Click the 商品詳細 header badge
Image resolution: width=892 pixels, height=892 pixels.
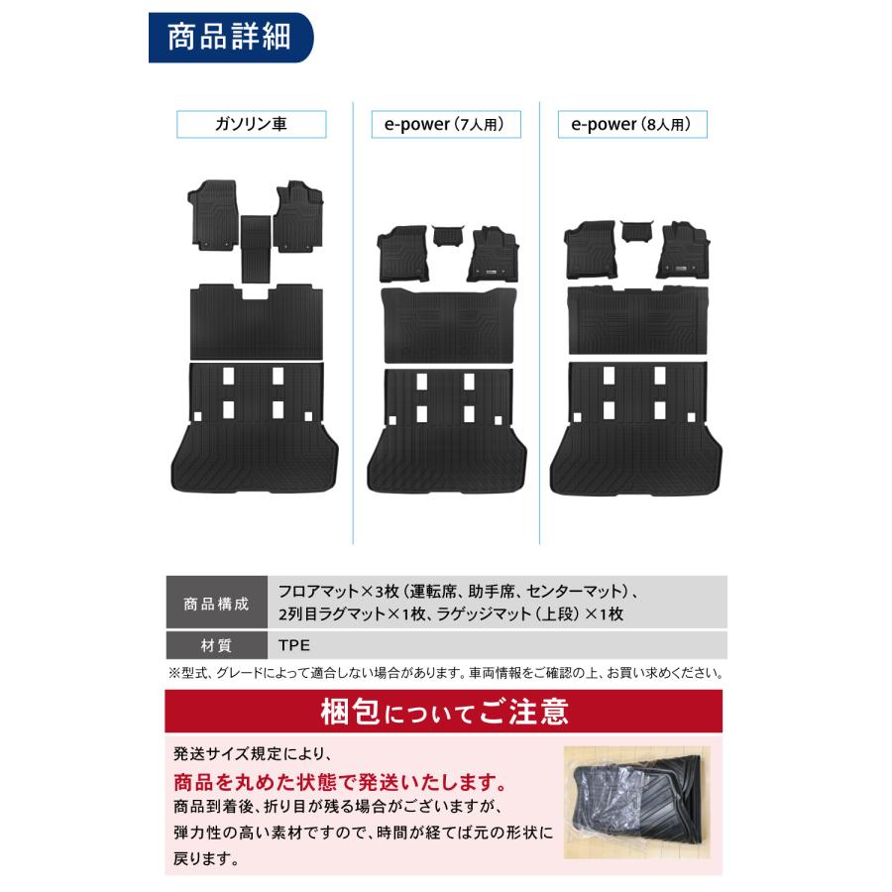point(230,39)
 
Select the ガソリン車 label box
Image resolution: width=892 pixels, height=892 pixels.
point(252,125)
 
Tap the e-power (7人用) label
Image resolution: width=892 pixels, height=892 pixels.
point(446,125)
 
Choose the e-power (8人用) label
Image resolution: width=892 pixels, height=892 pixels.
point(638,125)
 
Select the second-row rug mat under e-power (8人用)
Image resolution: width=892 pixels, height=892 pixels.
point(638,321)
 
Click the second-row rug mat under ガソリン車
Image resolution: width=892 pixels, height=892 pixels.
point(255,320)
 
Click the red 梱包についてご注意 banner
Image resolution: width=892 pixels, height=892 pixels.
point(445,712)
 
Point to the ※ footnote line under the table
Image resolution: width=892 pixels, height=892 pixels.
point(445,673)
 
